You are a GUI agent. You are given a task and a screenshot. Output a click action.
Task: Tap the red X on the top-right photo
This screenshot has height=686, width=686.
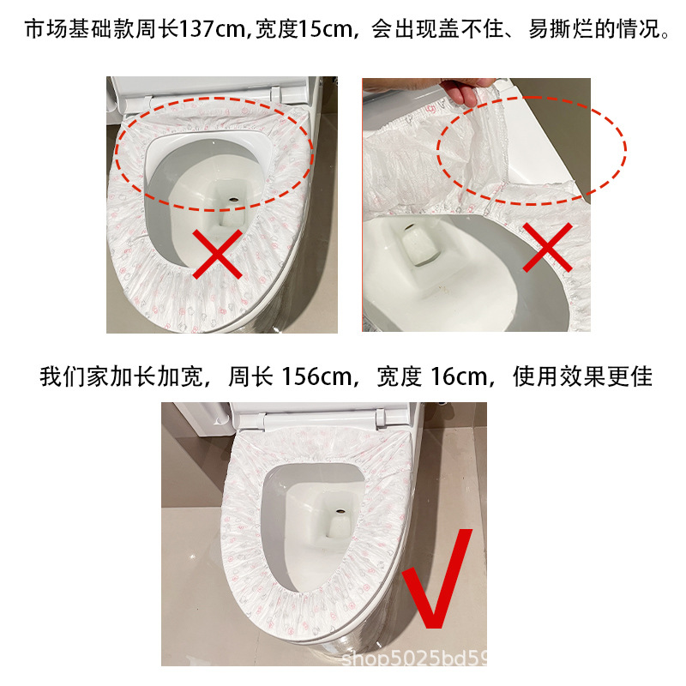pos(548,249)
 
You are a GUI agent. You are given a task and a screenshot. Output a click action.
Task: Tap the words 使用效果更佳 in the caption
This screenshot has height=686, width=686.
pos(584,376)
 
